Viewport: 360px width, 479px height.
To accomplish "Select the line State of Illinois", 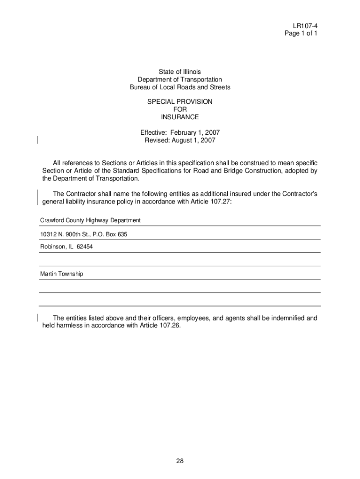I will tap(180, 72).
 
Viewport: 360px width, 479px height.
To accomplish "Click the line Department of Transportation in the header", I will tap(180, 80).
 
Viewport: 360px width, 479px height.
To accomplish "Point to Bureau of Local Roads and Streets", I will tap(180, 87).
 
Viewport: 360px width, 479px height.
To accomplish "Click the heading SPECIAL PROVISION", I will tap(180, 102).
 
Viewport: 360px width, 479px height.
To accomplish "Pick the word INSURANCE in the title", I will tap(180, 117).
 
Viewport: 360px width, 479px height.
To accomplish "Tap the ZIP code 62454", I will tap(85, 247).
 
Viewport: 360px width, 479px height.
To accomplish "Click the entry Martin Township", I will tap(62, 274).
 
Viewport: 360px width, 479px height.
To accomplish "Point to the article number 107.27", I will tap(221, 202).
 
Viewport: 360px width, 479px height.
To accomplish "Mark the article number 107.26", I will tap(169, 326).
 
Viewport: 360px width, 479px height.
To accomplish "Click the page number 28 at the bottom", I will tap(180, 461).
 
